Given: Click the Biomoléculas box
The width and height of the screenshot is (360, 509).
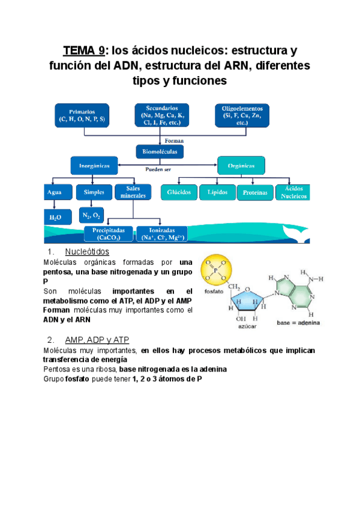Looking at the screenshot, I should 160,152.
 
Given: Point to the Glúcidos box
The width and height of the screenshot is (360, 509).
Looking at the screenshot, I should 179,192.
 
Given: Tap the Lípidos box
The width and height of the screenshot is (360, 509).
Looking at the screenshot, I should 217,192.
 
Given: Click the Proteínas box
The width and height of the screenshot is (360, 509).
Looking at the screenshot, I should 255,192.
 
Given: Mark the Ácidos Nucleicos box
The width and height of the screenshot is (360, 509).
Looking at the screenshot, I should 293,192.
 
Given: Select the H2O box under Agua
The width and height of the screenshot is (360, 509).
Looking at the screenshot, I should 56,215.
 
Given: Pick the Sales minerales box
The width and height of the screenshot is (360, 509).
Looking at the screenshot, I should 133,192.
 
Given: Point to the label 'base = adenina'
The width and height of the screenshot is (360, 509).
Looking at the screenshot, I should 298,323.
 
